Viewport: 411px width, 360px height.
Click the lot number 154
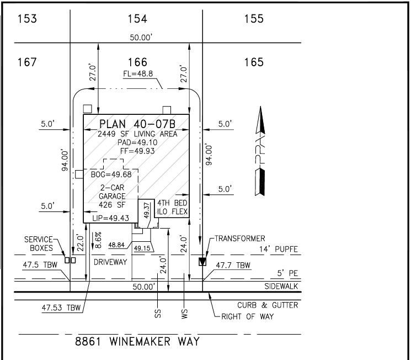137,19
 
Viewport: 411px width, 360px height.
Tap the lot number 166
137,62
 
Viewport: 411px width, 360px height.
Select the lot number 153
27,19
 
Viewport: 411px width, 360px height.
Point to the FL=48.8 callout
138,74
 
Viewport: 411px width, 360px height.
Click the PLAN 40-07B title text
137,124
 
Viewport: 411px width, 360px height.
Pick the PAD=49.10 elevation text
137,142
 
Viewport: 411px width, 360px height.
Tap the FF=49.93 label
137,151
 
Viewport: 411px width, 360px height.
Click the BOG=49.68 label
111,174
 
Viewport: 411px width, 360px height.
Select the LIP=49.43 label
111,218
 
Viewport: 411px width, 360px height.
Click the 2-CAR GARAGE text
112,192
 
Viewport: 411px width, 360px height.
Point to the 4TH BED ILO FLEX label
172,207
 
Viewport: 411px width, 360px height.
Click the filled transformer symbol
202,262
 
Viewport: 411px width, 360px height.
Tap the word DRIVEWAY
110,262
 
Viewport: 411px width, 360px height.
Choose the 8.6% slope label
98,240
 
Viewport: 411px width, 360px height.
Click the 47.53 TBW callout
61,308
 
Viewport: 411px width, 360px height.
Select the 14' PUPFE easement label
279,249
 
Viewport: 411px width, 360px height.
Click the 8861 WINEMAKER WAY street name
137,342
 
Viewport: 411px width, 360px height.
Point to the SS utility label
158,314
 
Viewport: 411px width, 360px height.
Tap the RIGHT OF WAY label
248,317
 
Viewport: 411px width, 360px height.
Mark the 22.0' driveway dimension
80,243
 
